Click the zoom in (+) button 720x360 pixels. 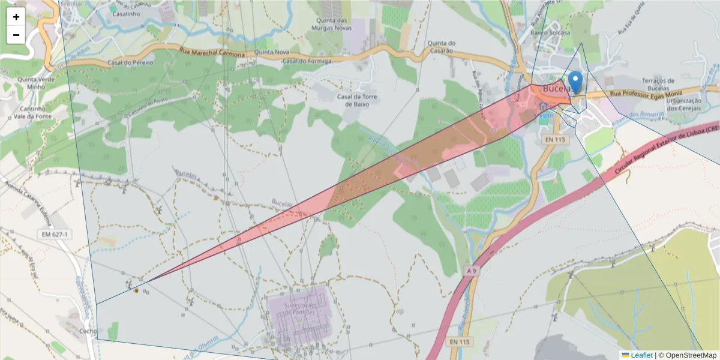[16, 17]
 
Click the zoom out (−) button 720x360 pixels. [16, 35]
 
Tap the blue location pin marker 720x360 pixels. [575, 82]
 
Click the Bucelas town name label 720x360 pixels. [555, 89]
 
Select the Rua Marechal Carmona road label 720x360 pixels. [212, 53]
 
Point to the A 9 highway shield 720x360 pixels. [472, 271]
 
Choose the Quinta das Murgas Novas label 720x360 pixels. [333, 25]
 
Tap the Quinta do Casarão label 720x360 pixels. [442, 47]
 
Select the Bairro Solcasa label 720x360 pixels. [550, 33]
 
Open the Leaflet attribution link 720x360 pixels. [641, 355]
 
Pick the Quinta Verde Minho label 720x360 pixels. [32, 83]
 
